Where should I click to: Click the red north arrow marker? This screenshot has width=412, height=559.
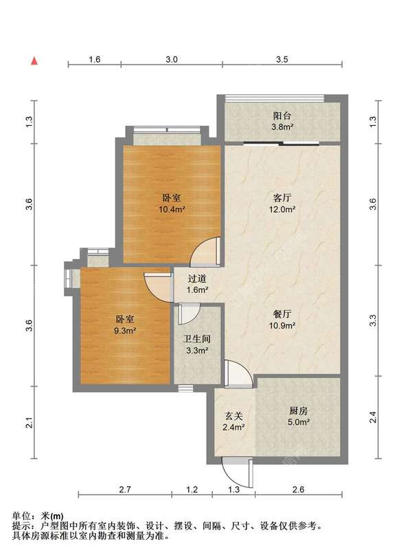pos(34,61)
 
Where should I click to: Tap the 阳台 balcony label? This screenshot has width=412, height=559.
pos(282,116)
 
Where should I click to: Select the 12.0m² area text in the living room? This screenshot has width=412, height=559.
pos(282,209)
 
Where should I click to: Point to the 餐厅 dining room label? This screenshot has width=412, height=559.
pos(282,314)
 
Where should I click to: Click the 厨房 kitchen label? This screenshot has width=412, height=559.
pos(298,411)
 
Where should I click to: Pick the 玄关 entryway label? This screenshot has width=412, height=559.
pos(233,416)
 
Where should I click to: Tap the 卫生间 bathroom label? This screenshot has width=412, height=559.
pos(197,339)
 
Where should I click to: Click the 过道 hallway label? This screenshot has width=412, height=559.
pos(197,278)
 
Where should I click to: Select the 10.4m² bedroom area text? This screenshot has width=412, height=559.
pos(171,209)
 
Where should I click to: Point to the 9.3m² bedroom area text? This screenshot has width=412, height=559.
pos(126,331)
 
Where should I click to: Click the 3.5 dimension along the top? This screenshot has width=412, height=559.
pos(282,59)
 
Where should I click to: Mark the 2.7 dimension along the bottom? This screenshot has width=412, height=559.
pos(125,490)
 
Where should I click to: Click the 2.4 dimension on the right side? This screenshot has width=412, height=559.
pos(372,417)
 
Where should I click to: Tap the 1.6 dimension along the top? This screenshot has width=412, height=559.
pos(94,59)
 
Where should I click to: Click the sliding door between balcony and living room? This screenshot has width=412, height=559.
pos(282,144)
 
